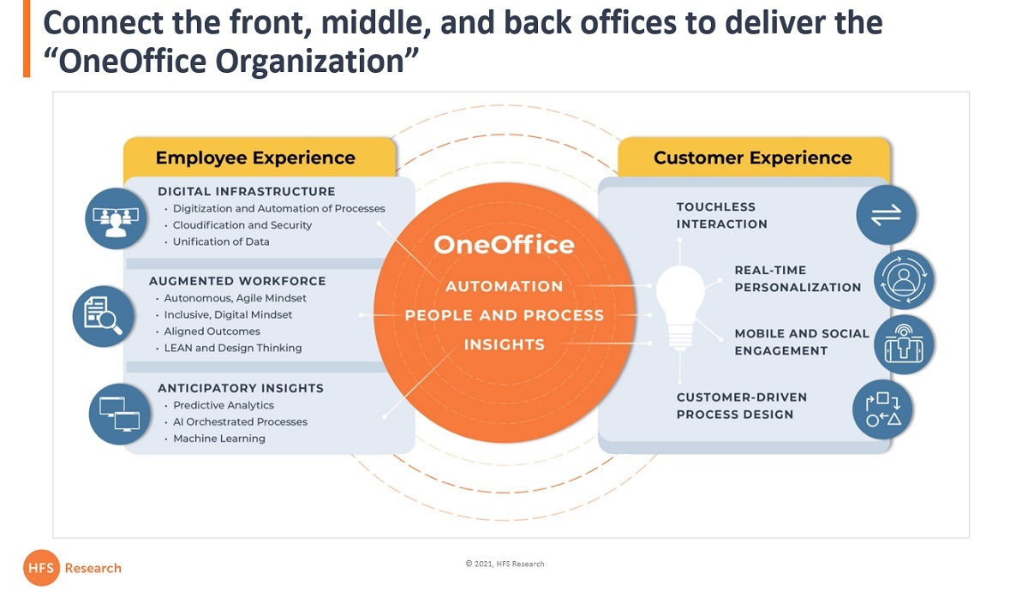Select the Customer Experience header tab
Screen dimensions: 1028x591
coord(754,157)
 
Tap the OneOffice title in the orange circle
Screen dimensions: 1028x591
coord(504,245)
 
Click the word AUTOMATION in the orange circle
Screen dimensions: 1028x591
coord(504,286)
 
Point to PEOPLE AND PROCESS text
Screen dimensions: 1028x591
coord(504,315)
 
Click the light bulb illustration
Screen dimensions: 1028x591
coord(680,307)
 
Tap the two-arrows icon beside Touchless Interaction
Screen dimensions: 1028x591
coord(886,214)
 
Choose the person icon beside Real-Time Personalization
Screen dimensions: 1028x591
coord(904,279)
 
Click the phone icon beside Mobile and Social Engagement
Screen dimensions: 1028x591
coord(904,344)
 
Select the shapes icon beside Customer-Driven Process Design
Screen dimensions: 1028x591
coord(882,409)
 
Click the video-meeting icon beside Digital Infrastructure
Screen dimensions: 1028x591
coord(116,218)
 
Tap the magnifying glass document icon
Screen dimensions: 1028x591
coord(104,316)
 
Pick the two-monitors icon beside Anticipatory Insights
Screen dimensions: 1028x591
coord(119,414)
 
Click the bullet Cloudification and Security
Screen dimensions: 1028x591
coord(242,225)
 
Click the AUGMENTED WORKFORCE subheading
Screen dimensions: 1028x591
coord(237,281)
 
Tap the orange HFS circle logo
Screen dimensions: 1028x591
coord(41,568)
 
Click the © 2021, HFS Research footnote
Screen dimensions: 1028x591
coord(505,564)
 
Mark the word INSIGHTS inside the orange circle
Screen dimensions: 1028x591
coord(504,344)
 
